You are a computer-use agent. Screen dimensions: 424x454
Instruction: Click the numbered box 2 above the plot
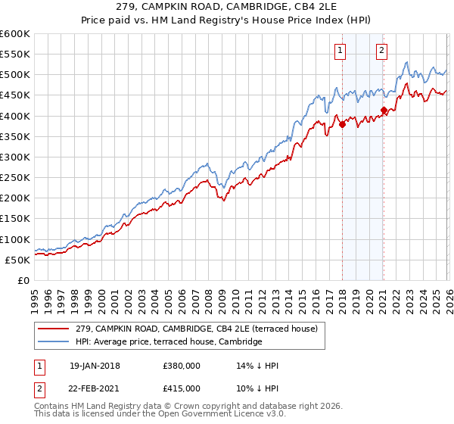tap(381, 51)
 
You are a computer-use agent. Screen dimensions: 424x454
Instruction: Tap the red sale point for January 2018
tap(342, 125)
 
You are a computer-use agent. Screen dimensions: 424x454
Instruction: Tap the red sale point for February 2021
tap(384, 111)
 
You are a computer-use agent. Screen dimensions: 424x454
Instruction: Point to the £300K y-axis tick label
tap(15, 157)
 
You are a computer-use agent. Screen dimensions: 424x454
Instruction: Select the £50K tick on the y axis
tap(17, 260)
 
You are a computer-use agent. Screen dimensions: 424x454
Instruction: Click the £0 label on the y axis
tap(23, 280)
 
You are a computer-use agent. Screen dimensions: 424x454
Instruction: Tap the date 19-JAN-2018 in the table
tap(94, 366)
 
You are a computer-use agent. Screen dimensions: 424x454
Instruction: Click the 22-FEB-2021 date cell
tap(94, 388)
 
